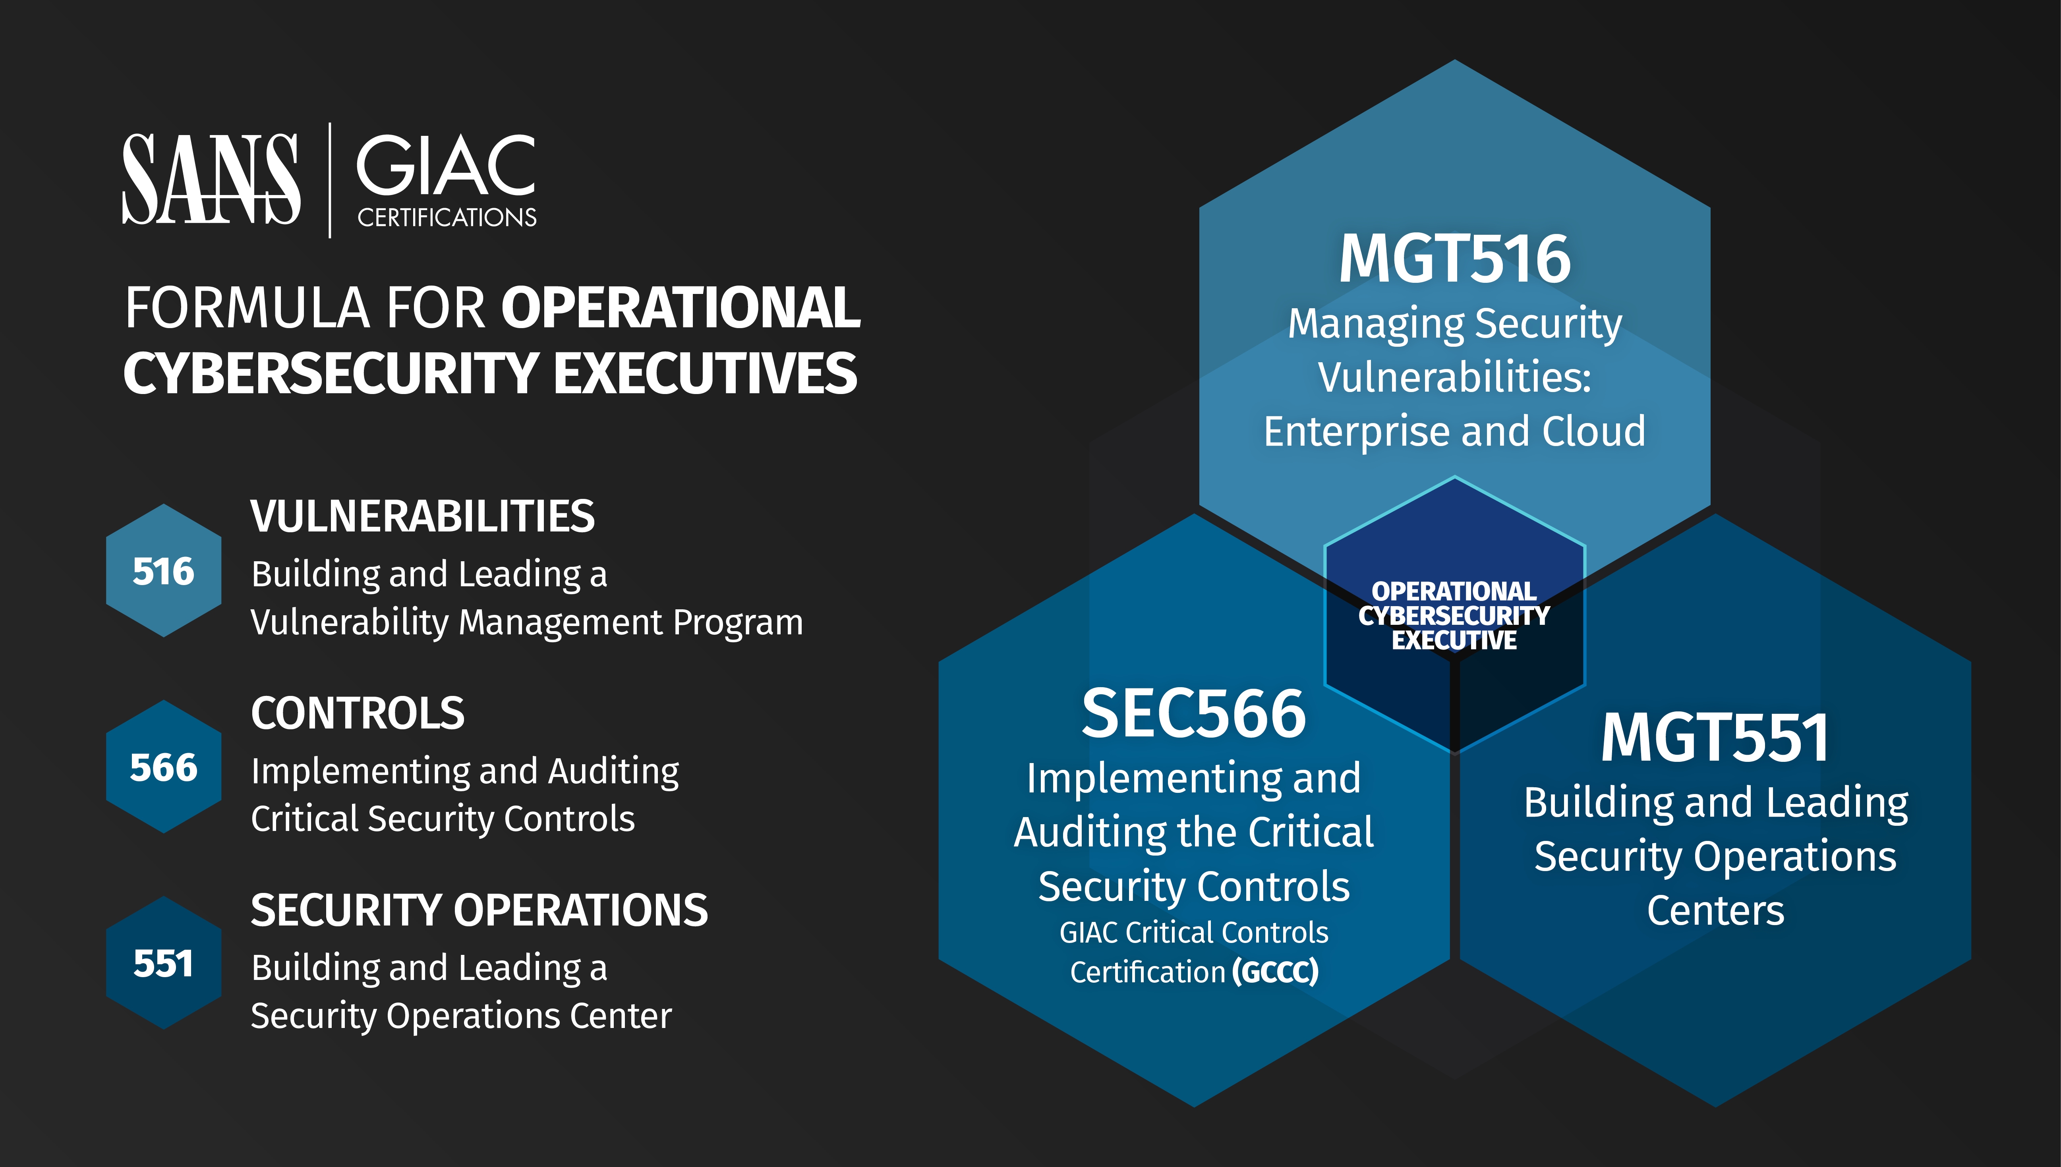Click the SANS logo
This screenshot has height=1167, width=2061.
tap(211, 179)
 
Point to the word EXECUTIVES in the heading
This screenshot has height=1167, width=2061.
tap(706, 373)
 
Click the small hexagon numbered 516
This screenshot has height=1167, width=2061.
tap(164, 571)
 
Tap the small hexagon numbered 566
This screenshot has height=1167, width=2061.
tap(164, 767)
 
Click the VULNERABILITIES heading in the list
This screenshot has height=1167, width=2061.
tap(422, 516)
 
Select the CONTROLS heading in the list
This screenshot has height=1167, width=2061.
tap(358, 713)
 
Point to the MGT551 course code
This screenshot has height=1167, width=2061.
tap(1715, 737)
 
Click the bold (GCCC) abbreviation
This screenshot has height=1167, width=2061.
tap(1275, 972)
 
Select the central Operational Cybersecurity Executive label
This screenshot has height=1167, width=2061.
tap(1454, 616)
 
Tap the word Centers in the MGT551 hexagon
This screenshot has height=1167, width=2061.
tap(1715, 910)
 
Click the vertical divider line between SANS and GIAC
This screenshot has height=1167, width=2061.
tap(329, 180)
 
